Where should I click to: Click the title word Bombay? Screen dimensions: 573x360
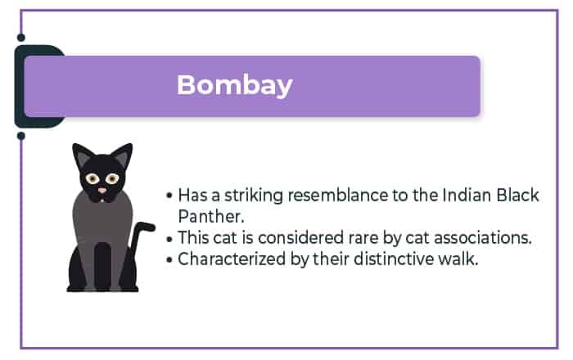235,85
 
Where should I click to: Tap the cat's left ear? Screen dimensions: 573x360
82,155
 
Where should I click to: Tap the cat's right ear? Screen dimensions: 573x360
123,155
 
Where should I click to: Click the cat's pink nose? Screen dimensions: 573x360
102,190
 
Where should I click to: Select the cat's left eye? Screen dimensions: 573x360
92,178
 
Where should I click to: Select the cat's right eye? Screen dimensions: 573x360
113,178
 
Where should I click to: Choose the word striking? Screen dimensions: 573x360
254,196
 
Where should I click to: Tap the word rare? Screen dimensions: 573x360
363,238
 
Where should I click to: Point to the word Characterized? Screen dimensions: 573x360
232,259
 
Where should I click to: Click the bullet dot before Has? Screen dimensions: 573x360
169,196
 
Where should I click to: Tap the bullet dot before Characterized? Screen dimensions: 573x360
169,259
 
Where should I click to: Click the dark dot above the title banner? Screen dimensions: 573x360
21,38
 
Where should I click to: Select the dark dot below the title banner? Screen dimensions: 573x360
21,136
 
